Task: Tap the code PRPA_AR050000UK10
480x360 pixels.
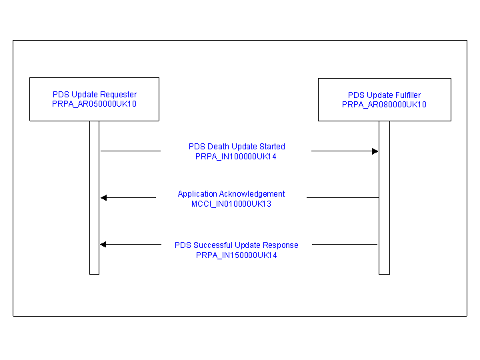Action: (x=94, y=104)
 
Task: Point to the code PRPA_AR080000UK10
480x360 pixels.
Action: (x=384, y=105)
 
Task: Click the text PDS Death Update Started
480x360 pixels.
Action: (x=237, y=146)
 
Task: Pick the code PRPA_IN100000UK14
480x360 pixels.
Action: (x=236, y=157)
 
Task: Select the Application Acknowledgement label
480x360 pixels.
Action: (x=231, y=194)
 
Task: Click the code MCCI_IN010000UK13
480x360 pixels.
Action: (x=231, y=204)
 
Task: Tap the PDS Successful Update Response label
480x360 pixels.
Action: (x=236, y=245)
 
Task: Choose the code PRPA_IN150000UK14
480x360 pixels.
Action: (x=236, y=255)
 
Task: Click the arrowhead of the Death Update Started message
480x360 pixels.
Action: (x=375, y=151)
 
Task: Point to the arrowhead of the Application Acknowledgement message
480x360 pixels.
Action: (x=104, y=198)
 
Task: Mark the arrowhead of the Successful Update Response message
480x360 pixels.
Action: (x=103, y=244)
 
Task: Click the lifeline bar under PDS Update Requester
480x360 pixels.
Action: (x=94, y=198)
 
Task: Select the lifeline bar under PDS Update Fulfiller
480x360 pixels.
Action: (x=384, y=198)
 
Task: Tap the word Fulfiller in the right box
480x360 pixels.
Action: (x=407, y=95)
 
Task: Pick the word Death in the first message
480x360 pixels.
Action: (x=217, y=146)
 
